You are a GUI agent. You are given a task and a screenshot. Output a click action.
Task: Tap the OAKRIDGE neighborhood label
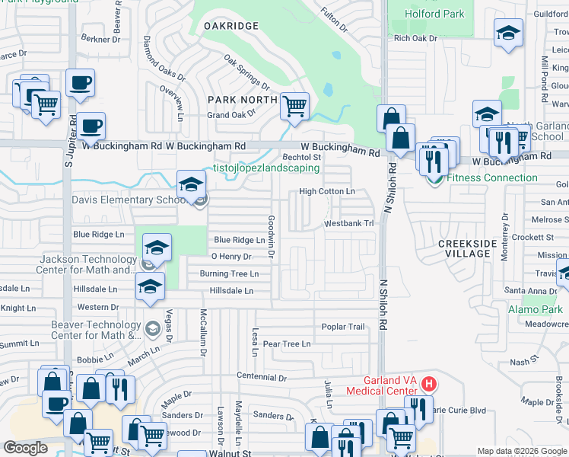pos(231,26)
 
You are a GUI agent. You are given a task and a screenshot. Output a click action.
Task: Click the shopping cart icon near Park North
pos(294,106)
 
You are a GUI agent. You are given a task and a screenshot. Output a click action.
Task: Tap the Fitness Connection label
pos(491,178)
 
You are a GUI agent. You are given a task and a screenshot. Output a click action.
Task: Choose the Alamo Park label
pos(536,309)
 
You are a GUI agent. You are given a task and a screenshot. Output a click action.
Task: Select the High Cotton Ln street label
pos(327,191)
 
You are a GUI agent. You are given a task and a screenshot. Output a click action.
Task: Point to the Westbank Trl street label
pos(349,224)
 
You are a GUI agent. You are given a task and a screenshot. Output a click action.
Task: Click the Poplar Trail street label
pos(343,327)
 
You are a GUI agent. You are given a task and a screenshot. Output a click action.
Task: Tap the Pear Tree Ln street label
pos(287,344)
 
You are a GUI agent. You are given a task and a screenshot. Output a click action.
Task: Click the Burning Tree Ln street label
pos(229,273)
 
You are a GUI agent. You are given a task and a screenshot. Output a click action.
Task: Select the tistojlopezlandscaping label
pos(265,168)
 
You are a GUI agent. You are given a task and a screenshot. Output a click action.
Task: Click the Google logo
pos(25,448)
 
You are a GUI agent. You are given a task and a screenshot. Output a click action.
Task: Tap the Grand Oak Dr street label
pos(233,116)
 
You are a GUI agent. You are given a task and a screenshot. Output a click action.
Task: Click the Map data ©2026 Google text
pos(521,451)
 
